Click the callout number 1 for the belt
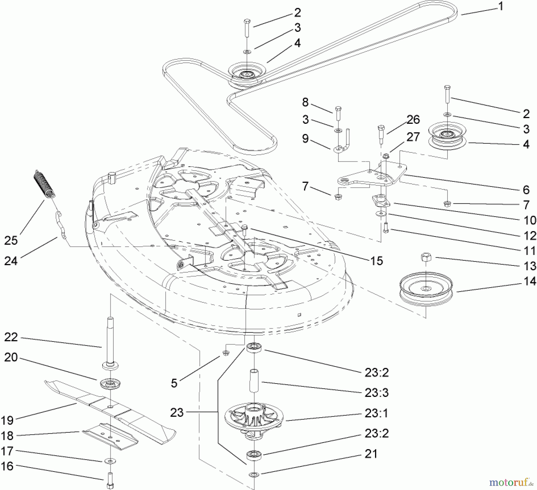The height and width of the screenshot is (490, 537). (x=501, y=6)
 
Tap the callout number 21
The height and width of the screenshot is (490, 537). (x=371, y=454)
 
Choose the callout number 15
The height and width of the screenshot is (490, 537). (x=376, y=261)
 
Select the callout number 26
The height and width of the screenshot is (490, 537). (x=413, y=120)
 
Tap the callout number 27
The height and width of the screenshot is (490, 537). (x=413, y=137)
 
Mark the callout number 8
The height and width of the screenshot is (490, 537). (x=305, y=102)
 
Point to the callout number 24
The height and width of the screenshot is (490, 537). (x=11, y=261)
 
